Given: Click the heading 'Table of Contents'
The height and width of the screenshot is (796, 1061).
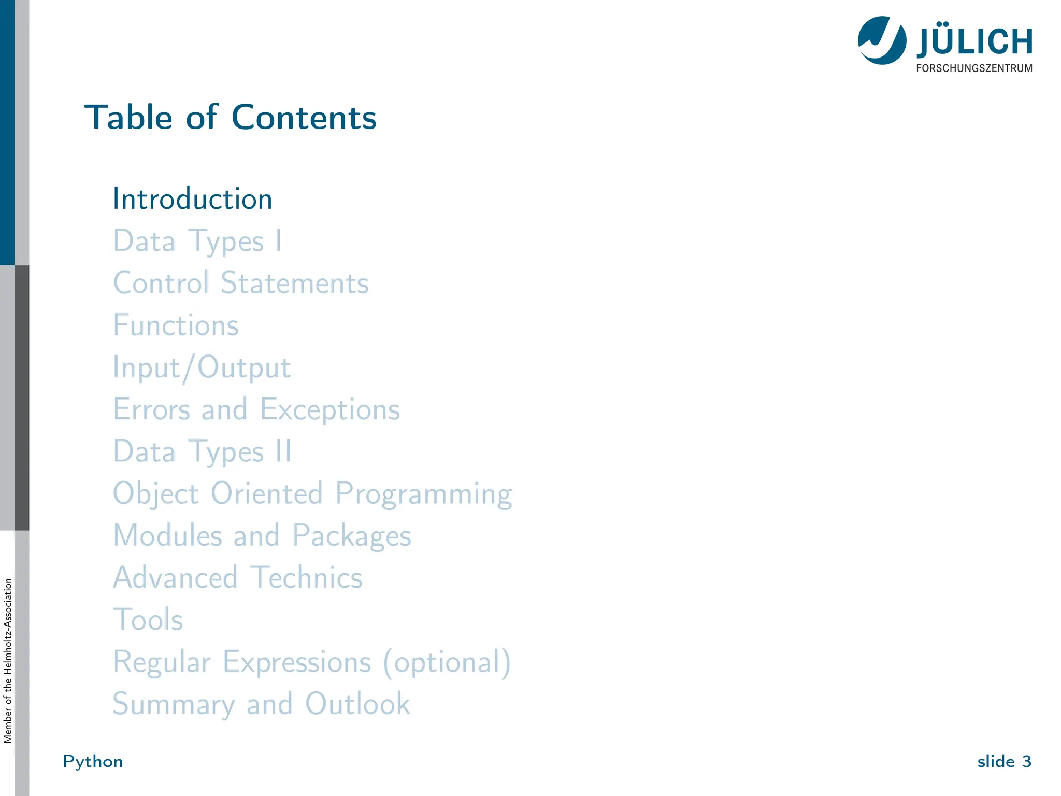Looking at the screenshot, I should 231,117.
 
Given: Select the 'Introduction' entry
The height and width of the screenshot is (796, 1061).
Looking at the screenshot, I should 192,199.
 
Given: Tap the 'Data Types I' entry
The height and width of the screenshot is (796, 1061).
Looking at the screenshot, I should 197,241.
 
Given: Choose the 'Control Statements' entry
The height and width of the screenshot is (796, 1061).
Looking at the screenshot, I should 241,283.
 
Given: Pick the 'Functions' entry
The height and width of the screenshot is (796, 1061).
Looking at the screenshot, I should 176,325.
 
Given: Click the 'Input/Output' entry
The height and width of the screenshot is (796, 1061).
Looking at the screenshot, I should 202,368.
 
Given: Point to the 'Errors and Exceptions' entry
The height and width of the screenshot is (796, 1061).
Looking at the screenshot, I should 256,409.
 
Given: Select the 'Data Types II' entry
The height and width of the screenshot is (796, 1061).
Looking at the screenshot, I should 202,451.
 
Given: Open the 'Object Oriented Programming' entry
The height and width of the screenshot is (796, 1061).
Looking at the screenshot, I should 312,493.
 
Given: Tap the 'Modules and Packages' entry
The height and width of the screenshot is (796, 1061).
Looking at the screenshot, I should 262,535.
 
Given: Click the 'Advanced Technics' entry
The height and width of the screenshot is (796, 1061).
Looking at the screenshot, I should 238,577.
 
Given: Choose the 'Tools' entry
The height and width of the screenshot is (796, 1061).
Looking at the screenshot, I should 148,619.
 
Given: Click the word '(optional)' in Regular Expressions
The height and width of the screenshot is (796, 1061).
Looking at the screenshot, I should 447,662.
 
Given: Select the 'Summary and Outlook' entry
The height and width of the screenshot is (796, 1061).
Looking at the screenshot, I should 262,704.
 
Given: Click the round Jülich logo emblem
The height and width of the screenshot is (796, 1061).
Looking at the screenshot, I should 882,40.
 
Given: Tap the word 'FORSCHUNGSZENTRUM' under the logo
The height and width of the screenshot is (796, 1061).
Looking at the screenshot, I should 974,68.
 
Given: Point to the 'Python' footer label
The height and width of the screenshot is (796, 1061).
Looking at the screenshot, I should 93,761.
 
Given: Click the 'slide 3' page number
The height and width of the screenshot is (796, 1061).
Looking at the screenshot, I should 1004,761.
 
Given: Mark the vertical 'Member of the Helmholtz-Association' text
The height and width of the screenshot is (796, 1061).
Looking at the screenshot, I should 8,661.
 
